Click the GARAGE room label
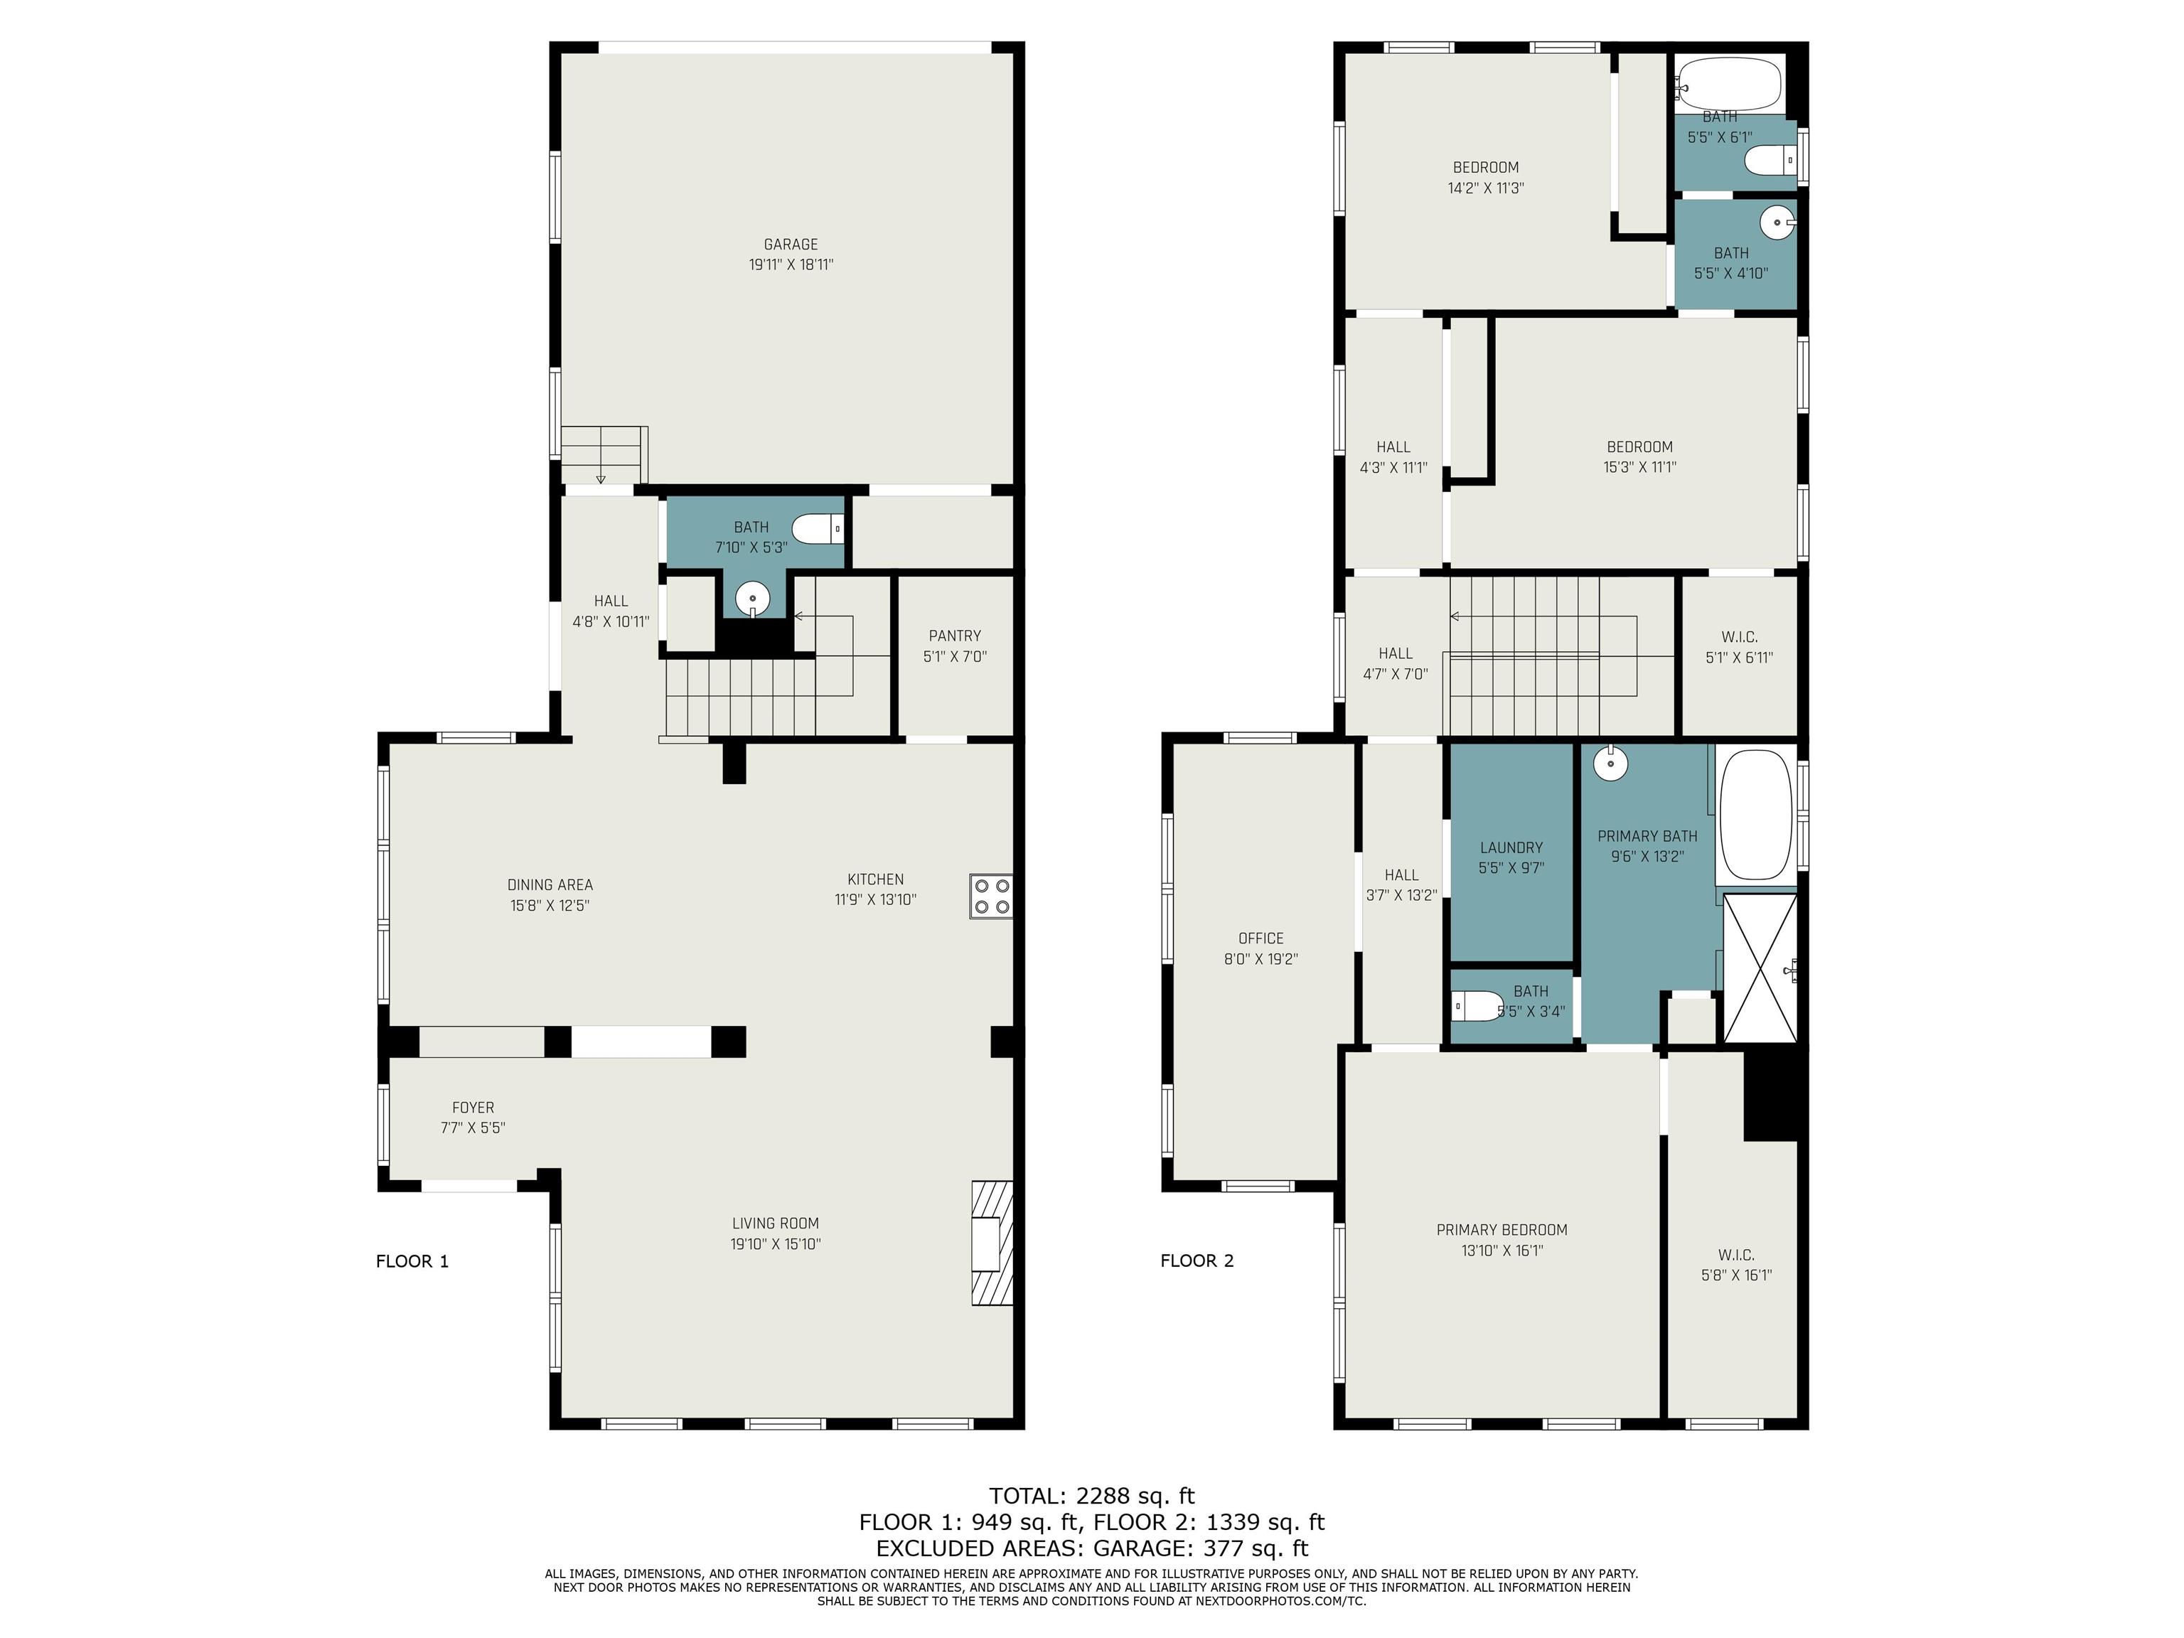[791, 244]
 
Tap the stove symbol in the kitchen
[991, 896]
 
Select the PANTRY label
[955, 636]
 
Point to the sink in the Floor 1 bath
[752, 599]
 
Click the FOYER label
[473, 1108]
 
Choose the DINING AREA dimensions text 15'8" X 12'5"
[550, 906]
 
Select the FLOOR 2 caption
[1197, 1260]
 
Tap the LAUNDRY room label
[1511, 847]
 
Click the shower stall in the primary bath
[1760, 968]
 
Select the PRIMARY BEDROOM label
[1501, 1229]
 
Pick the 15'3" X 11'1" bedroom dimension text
[1640, 467]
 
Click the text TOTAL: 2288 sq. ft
[1092, 1496]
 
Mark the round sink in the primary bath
[1610, 762]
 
